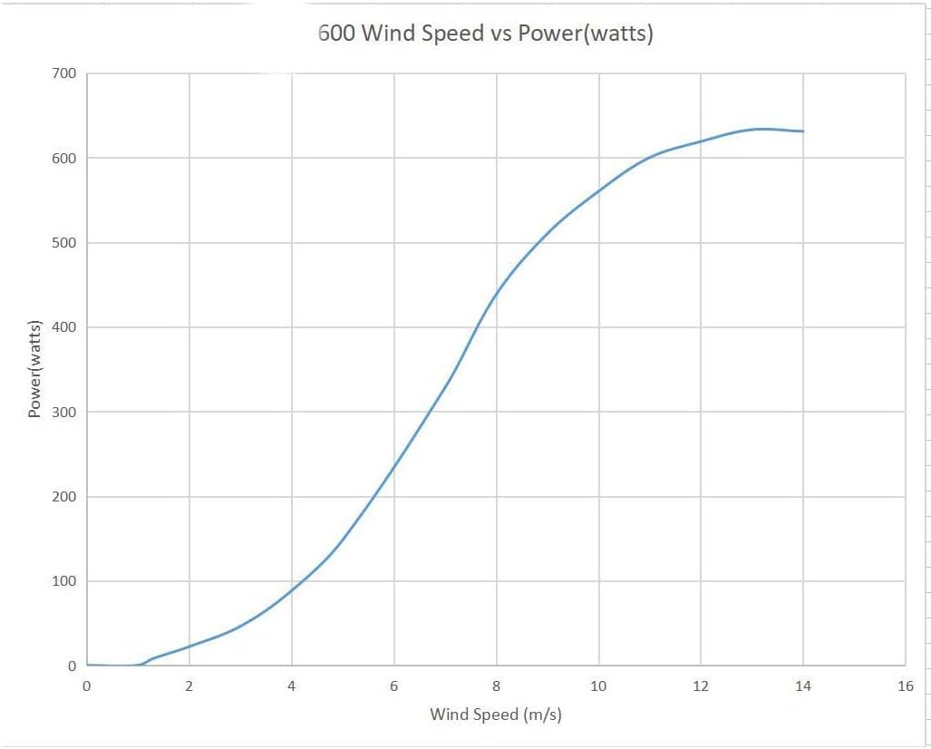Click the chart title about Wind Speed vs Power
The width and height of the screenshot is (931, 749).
(x=485, y=34)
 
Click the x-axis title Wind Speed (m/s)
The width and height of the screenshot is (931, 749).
(x=496, y=715)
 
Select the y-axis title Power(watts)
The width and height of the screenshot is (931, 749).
(x=35, y=369)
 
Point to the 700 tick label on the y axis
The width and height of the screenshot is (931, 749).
(x=63, y=73)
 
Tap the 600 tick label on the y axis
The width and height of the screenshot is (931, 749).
(x=63, y=158)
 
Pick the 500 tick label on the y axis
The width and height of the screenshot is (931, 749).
(x=63, y=243)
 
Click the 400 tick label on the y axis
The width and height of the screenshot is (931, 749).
(x=63, y=327)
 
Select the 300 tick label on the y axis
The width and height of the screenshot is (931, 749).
(x=63, y=412)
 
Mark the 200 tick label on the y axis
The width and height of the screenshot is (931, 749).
(x=63, y=497)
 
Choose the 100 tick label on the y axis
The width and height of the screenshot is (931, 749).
(x=63, y=581)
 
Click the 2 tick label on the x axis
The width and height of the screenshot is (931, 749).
(x=189, y=686)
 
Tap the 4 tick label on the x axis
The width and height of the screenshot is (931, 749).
(x=291, y=686)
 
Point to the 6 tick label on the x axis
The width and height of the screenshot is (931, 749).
(x=393, y=686)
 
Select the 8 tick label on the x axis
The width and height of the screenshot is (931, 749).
(x=496, y=686)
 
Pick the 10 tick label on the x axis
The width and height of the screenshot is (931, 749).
(x=598, y=686)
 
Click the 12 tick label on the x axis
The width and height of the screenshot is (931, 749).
(x=701, y=686)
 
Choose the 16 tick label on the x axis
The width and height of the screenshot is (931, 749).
(x=905, y=686)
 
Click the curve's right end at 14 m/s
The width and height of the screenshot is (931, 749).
(x=803, y=131)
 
